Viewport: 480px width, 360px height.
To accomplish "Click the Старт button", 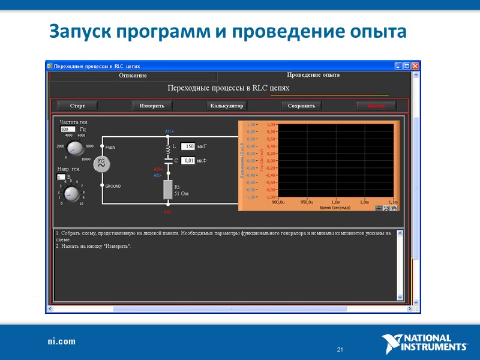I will pos(77,106).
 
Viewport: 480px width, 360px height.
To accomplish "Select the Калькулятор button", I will pos(226,106).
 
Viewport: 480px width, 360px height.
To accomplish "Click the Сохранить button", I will pos(301,106).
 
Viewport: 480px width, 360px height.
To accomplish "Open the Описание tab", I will pos(133,76).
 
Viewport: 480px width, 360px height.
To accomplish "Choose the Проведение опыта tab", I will pos(313,75).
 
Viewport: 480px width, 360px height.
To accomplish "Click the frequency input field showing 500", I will pos(68,129).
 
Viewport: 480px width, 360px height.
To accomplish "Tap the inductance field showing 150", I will pos(188,146).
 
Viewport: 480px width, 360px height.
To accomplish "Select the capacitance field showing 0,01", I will pos(188,161).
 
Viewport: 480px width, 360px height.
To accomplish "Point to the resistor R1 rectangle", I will pos(168,190).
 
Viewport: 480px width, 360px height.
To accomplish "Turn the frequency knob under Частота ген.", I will pos(75,148).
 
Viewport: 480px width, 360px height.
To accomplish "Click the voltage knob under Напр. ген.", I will pos(71,194).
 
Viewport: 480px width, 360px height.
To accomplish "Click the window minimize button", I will pos(398,65).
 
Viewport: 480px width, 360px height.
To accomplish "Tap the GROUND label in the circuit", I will pos(113,187).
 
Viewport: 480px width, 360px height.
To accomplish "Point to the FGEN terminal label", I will pos(112,146).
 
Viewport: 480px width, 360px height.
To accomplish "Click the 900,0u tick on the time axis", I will pos(278,202).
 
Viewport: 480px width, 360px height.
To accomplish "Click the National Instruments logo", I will pos(425,344).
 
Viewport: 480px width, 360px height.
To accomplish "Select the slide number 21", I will pos(340,350).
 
